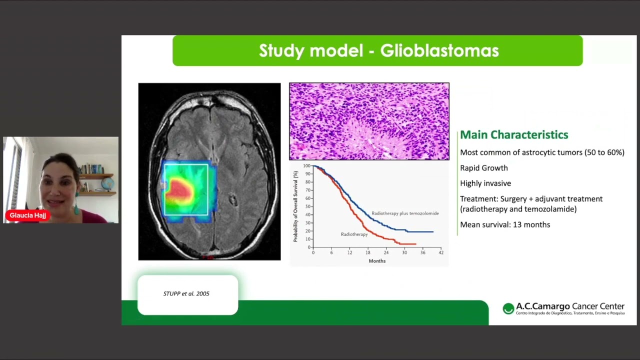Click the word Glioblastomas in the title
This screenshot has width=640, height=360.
point(439,50)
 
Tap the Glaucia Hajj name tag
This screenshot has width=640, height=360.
point(27,215)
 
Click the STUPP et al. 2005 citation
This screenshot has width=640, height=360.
point(186,293)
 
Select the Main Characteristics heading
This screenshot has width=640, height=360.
point(514,135)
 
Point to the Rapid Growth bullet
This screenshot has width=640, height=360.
point(484,168)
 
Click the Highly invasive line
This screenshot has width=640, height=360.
point(485,183)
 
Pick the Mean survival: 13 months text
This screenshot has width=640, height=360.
point(505,224)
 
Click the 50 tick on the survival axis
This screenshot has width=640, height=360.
point(308,206)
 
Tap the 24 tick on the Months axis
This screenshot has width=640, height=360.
point(386,252)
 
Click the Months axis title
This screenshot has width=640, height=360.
point(377,261)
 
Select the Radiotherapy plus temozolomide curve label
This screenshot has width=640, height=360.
point(405,213)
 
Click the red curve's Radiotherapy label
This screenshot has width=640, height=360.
point(354,234)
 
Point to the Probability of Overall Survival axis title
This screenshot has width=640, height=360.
point(295,206)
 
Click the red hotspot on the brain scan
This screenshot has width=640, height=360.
point(179,189)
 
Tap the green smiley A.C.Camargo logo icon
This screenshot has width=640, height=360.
point(508,308)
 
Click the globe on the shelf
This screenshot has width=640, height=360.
point(107,183)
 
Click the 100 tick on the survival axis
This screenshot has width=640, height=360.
point(307,165)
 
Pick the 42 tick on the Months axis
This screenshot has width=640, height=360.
point(441,252)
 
